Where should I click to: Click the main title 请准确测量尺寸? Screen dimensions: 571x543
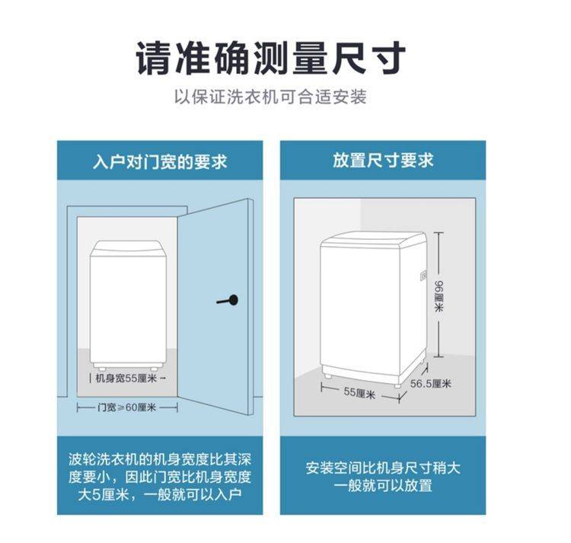pyautogui.click(x=271, y=59)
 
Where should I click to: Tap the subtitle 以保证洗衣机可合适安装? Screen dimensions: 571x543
pyautogui.click(x=270, y=97)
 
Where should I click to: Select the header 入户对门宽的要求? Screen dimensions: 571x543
pyautogui.click(x=160, y=161)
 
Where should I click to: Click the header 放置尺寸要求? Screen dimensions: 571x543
pyautogui.click(x=383, y=160)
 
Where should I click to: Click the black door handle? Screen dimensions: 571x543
pyautogui.click(x=228, y=300)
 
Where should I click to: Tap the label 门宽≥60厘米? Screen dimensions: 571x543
pyautogui.click(x=126, y=407)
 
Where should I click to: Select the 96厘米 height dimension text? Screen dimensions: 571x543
pyautogui.click(x=439, y=295)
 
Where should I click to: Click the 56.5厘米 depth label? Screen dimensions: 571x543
pyautogui.click(x=431, y=384)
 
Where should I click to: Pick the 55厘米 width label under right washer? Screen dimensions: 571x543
pyautogui.click(x=359, y=393)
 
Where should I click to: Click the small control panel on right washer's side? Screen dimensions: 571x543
pyautogui.click(x=423, y=276)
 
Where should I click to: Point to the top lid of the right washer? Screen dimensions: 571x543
pyautogui.click(x=373, y=240)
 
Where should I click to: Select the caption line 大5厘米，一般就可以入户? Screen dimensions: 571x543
pyautogui.click(x=160, y=494)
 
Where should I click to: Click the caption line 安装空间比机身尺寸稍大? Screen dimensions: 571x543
pyautogui.click(x=383, y=468)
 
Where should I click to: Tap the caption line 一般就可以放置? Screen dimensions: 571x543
pyautogui.click(x=383, y=486)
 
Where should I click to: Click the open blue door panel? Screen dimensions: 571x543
pyautogui.click(x=215, y=306)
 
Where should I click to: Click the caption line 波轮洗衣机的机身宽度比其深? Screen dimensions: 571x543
pyautogui.click(x=160, y=459)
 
